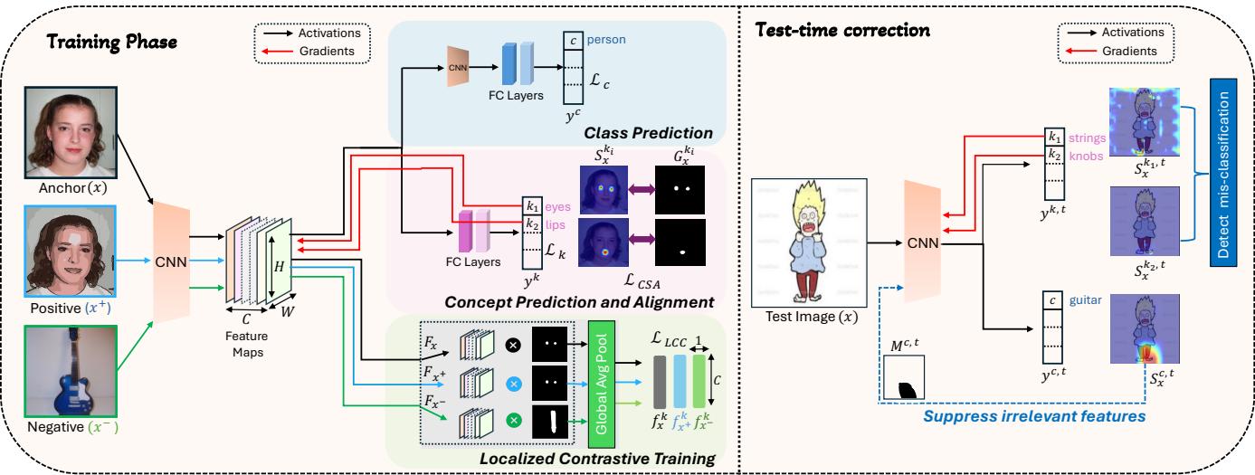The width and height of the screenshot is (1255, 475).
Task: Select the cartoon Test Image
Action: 803,240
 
